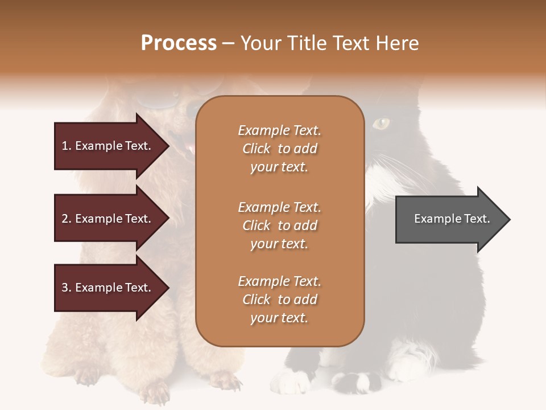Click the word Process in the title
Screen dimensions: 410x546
179,43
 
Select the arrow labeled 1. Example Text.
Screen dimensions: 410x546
108,146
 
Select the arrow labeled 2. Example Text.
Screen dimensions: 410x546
108,219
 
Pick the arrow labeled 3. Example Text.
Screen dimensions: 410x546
108,288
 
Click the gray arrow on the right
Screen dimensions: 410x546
449,219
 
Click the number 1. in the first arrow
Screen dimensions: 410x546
67,146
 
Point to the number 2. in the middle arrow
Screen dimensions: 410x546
67,219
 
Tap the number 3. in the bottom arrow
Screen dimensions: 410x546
67,288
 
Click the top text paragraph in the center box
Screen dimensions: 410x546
279,149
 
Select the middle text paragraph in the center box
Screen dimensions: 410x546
279,225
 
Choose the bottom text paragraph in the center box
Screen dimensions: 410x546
279,300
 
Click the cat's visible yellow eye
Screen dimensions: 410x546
382,122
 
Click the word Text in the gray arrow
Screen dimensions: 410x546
477,219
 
